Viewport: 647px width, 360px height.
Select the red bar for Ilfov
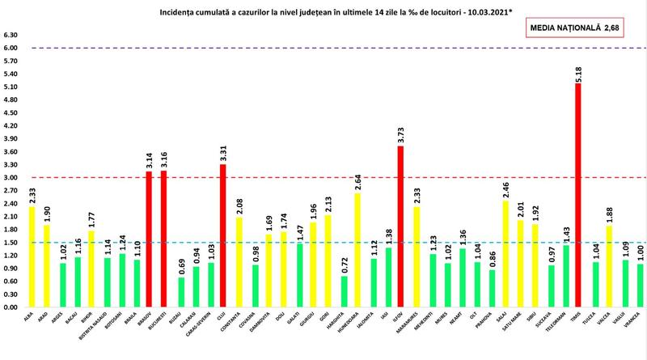click(400, 227)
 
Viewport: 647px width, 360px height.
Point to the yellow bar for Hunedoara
click(356, 251)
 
